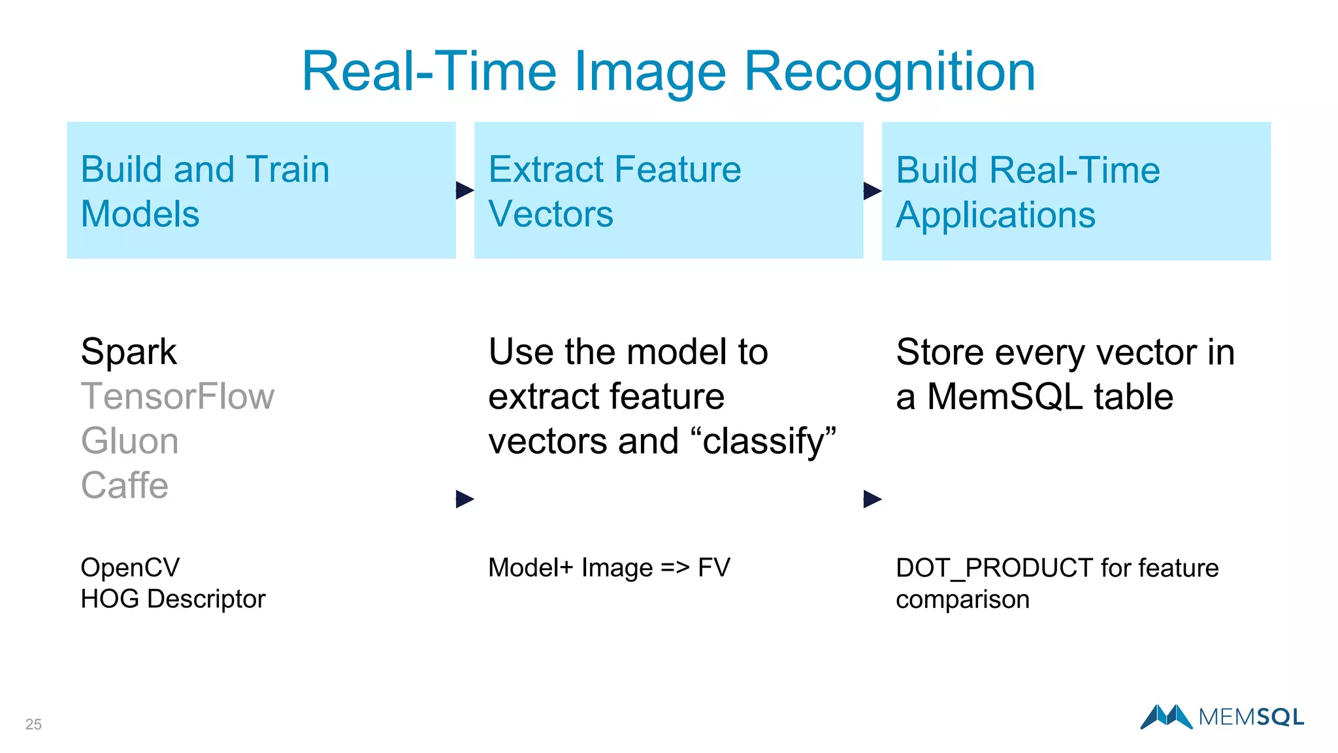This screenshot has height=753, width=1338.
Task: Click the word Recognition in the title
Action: click(890, 72)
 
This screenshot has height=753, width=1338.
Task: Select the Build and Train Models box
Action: click(261, 190)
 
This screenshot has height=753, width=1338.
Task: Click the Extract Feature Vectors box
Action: click(668, 190)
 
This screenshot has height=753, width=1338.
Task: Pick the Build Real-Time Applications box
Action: click(1076, 191)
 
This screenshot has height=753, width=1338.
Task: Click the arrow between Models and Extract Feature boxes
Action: click(465, 190)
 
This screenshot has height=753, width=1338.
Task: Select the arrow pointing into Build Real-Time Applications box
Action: click(872, 191)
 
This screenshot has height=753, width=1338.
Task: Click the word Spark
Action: click(129, 352)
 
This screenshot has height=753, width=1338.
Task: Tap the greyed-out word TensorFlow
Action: click(178, 397)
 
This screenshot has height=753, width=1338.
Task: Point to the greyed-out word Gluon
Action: click(130, 441)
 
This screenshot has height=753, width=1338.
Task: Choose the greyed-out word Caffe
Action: click(125, 486)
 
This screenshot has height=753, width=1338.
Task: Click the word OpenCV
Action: click(130, 567)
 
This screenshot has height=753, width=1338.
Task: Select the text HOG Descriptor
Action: click(173, 599)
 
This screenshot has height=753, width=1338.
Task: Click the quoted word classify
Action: click(769, 441)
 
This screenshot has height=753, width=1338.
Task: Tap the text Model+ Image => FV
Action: click(609, 567)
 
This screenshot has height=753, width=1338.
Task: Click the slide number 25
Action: click(33, 724)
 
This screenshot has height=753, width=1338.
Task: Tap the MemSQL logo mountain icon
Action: click(1166, 716)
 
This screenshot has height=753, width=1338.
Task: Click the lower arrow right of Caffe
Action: click(465, 499)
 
